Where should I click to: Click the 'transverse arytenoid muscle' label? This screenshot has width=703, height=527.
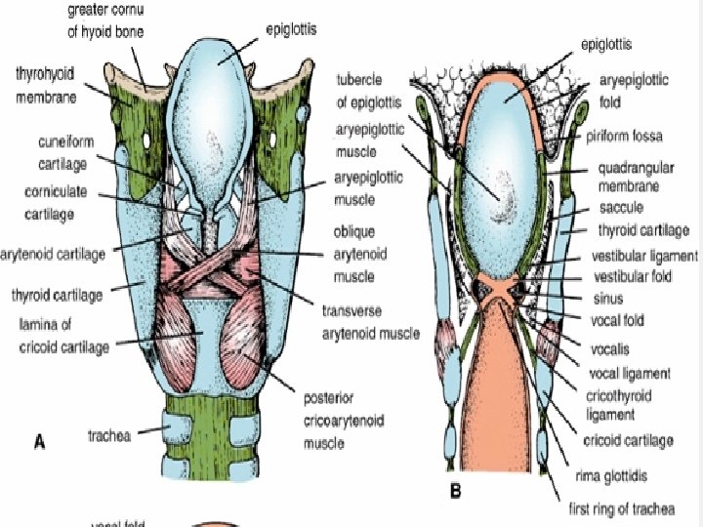point(367,324)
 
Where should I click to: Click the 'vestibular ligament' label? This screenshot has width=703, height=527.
point(646,256)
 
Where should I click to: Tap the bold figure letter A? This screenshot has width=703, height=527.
point(39,442)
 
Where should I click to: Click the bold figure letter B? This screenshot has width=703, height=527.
point(455,492)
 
